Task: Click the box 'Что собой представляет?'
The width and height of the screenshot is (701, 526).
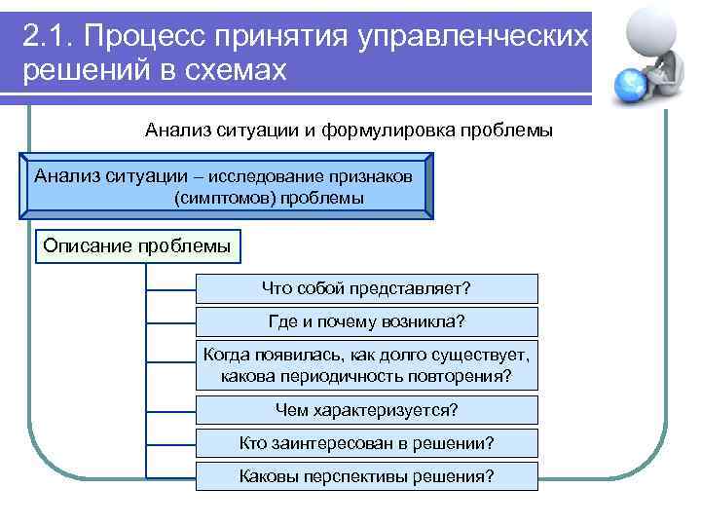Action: (366, 288)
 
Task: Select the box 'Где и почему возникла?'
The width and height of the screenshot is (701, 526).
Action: (366, 321)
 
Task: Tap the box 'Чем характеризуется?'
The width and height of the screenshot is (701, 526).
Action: (366, 409)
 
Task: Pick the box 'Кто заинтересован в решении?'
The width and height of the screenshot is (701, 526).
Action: (366, 443)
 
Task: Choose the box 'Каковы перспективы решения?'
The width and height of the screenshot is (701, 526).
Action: (366, 476)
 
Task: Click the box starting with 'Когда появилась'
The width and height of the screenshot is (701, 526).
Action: (366, 364)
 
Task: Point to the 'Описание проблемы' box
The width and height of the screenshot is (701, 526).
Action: (137, 246)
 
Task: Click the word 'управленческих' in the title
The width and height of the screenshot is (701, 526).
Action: (473, 36)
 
